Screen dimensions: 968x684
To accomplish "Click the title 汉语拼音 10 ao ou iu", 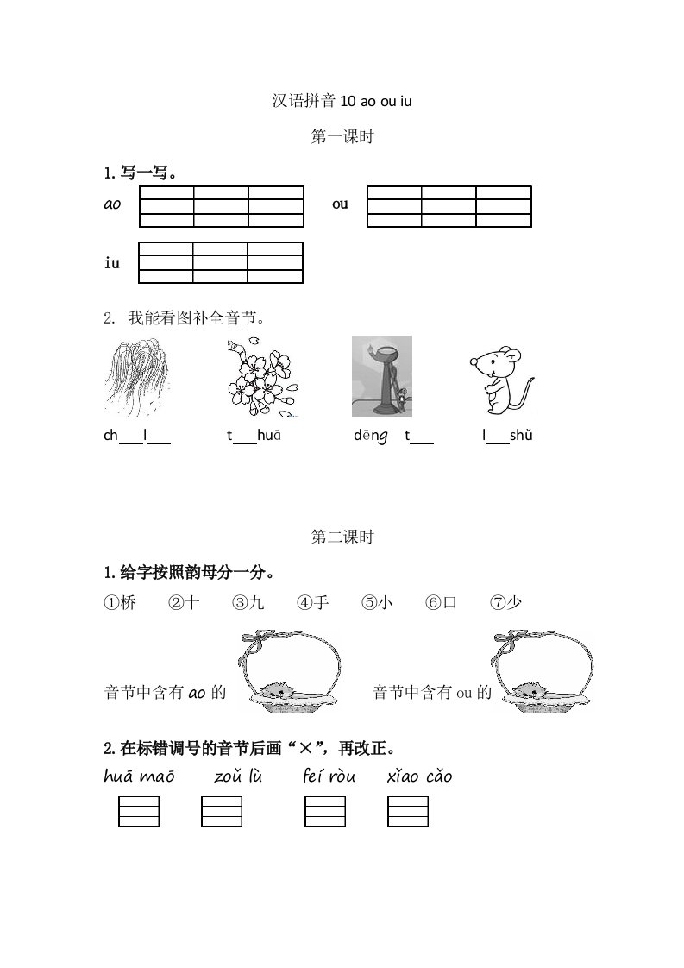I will point(342,101).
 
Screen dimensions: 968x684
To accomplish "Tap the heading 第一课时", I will point(342,136).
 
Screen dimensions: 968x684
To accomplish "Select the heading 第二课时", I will point(342,537).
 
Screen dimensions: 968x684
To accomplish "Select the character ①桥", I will point(120,603).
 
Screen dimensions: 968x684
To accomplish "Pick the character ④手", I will point(313,603).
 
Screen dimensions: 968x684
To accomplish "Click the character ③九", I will point(248,603).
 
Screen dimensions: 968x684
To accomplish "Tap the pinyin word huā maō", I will point(139,776).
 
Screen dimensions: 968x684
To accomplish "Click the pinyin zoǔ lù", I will point(238,776).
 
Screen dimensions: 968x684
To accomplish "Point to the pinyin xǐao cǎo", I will point(420,776).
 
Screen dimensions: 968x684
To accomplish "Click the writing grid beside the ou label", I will point(449,206).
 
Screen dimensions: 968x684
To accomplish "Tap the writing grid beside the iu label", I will point(221,262).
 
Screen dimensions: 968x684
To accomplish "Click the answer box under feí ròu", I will point(325,812).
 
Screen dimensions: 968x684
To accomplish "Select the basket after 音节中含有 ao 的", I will point(289,673).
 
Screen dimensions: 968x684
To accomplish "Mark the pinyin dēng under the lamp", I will point(370,436).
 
